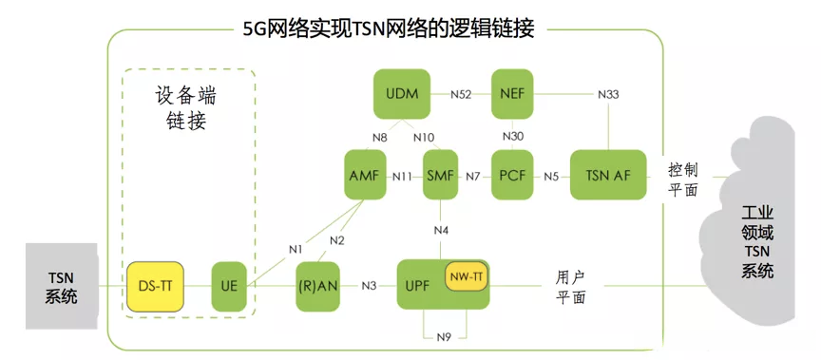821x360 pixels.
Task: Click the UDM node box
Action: [x=403, y=93]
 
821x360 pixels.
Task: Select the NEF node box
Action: [x=512, y=93]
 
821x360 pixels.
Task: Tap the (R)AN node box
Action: [x=318, y=284]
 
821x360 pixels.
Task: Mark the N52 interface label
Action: [x=462, y=94]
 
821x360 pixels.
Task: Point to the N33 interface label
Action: [x=609, y=94]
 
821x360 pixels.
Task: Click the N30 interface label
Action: [x=513, y=136]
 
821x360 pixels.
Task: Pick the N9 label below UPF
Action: [x=443, y=335]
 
